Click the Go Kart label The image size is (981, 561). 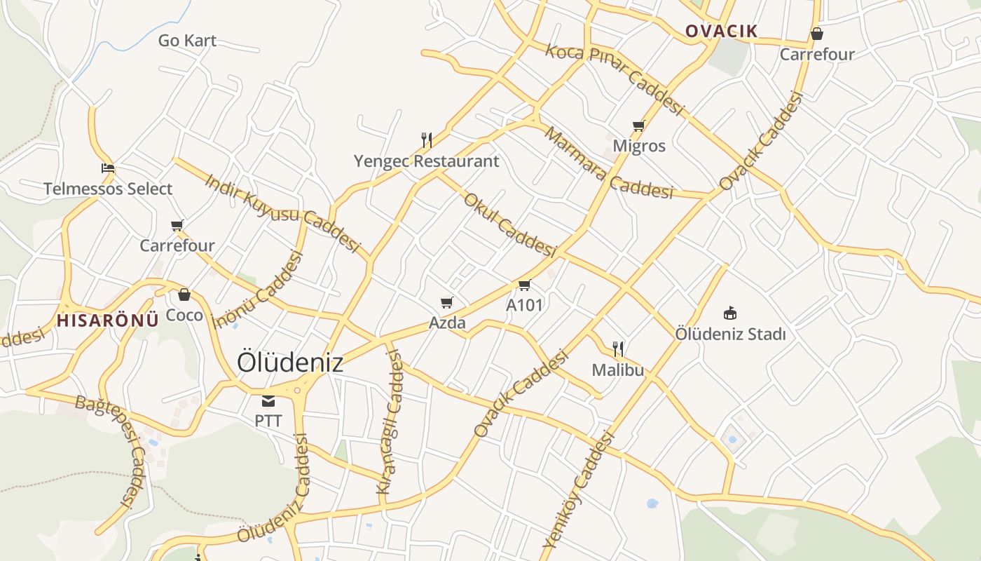click(187, 41)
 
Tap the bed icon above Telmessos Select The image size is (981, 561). click(108, 168)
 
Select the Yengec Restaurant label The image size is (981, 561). click(426, 161)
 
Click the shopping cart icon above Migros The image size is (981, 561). click(638, 126)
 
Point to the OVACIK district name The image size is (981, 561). click(721, 31)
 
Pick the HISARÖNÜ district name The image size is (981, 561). click(108, 321)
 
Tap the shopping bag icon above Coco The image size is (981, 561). click(184, 295)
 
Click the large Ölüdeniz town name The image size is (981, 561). click(290, 363)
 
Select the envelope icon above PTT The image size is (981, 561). click(268, 401)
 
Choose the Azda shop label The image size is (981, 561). click(447, 323)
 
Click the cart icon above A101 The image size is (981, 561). click(524, 285)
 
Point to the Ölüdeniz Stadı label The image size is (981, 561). click(730, 334)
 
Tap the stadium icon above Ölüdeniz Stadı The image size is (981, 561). click(730, 313)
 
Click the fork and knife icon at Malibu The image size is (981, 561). click(618, 349)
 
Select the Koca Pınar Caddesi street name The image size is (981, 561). click(614, 78)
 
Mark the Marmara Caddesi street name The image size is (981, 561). click(608, 163)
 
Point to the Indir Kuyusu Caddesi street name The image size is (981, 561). click(282, 212)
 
